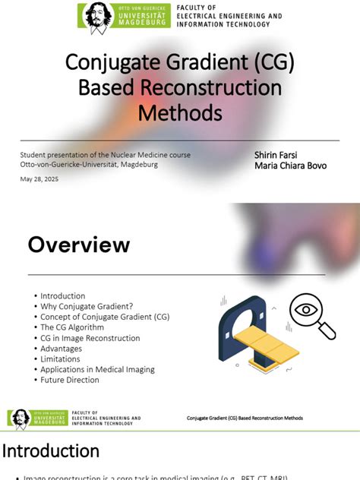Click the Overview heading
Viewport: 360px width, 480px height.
click(x=79, y=245)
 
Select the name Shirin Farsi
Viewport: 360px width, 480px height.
click(x=277, y=154)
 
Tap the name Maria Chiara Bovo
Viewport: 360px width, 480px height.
click(x=290, y=166)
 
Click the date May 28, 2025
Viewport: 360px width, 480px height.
click(x=39, y=179)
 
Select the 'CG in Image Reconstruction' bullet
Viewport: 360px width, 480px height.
click(x=90, y=338)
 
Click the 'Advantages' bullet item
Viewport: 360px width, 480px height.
click(x=62, y=349)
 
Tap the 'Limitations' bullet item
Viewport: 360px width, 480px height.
click(x=61, y=358)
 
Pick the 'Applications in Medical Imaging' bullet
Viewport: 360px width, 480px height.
click(x=97, y=369)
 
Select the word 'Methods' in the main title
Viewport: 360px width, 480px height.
click(x=179, y=113)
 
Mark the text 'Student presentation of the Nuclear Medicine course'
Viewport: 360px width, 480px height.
click(x=105, y=155)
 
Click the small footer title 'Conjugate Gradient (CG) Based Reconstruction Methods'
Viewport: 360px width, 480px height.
click(x=245, y=418)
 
